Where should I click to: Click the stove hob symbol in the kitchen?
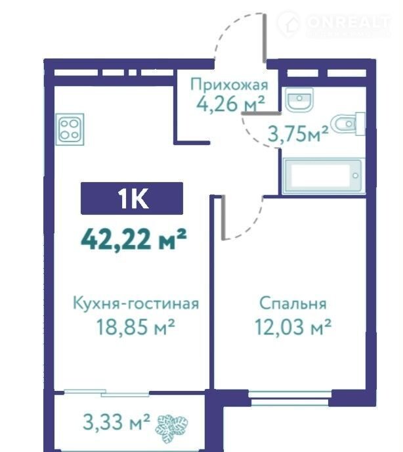(x=71, y=129)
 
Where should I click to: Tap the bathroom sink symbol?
(x=299, y=99)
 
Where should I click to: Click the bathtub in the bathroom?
(x=322, y=175)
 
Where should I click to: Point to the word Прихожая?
(x=229, y=85)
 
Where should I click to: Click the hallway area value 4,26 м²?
(x=230, y=104)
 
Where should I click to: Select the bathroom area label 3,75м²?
(x=298, y=134)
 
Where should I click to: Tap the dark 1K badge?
(x=132, y=198)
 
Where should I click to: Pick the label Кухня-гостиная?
(x=136, y=304)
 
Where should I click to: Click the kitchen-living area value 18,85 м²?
(x=136, y=327)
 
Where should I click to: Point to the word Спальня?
(x=293, y=304)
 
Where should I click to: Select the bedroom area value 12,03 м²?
(x=293, y=327)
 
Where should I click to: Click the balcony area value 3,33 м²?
(x=116, y=421)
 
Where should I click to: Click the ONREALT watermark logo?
(x=334, y=24)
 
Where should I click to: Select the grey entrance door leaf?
(x=265, y=37)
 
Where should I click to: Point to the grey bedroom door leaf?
(x=223, y=217)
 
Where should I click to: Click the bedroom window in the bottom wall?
(x=290, y=398)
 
